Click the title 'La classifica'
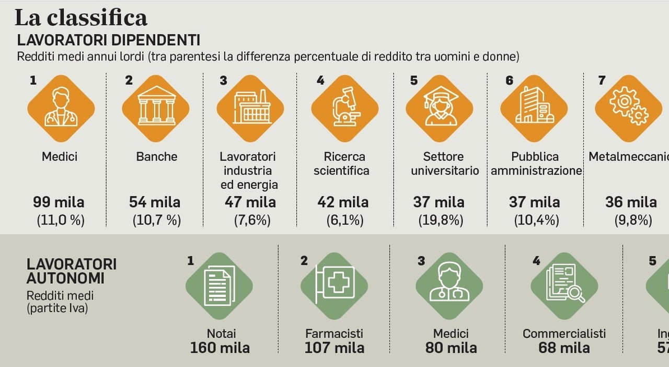click(x=80, y=18)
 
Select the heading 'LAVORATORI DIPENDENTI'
click(x=109, y=40)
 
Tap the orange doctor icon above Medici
click(x=61, y=108)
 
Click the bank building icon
click(x=156, y=108)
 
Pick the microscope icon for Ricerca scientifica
click(x=344, y=108)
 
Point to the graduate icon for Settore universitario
click(x=440, y=108)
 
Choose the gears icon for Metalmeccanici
click(x=628, y=108)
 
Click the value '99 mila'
click(x=59, y=202)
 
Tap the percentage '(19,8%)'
click(x=441, y=221)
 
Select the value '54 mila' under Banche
click(x=155, y=202)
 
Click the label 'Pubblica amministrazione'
click(x=536, y=164)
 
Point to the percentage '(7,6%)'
click(x=252, y=221)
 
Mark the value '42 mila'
click(x=343, y=202)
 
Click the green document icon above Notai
click(x=219, y=286)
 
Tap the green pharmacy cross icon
click(x=334, y=286)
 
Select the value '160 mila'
click(x=220, y=348)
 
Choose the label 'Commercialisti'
click(x=564, y=334)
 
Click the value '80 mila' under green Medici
click(x=451, y=348)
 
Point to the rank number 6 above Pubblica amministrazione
click(x=509, y=81)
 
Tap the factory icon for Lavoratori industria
click(x=250, y=108)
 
